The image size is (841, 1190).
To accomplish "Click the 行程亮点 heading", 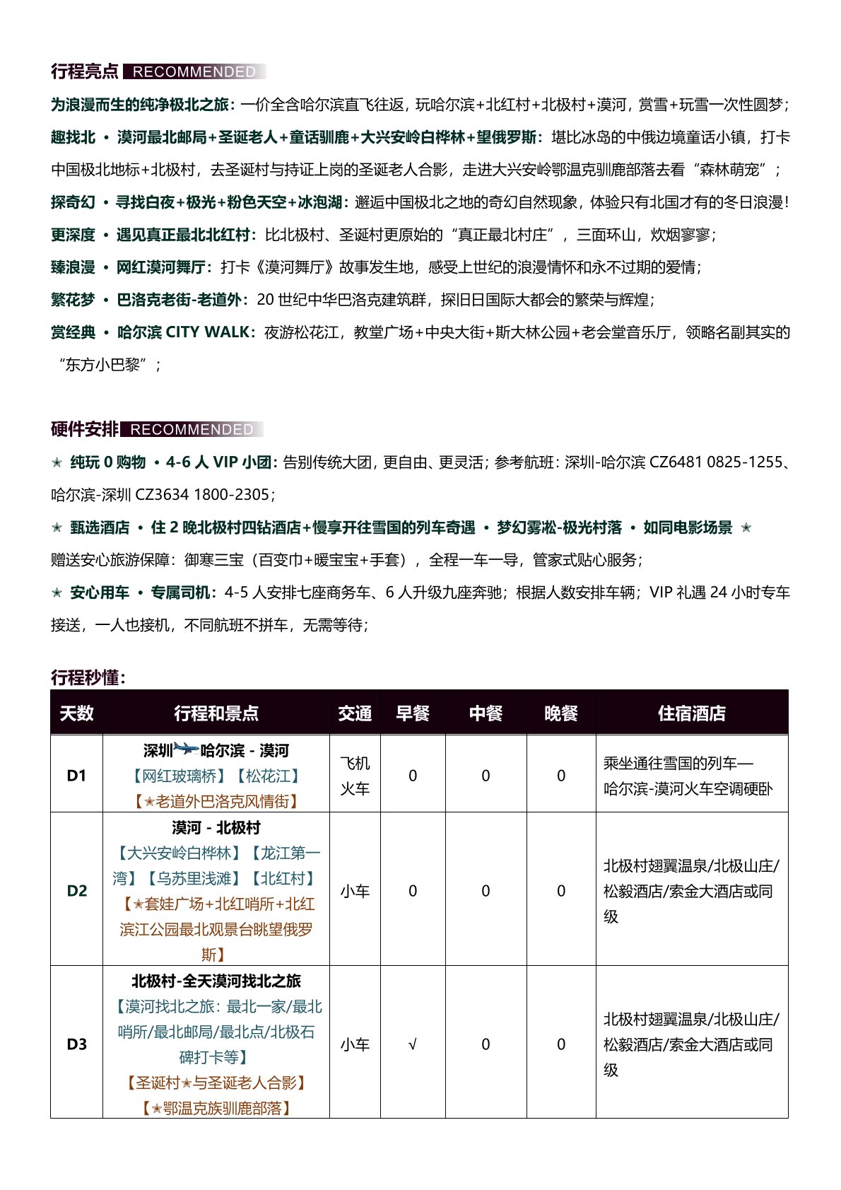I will [85, 71].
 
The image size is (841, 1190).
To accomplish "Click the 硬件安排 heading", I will [85, 429].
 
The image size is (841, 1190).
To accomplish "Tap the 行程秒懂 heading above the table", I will [88, 677].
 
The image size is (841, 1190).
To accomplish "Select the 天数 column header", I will [76, 713].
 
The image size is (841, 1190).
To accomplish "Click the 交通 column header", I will [355, 713].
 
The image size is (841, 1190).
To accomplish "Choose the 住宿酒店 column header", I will [691, 713].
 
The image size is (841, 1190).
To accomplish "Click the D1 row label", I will [76, 776].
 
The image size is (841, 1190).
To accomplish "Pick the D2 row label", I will [76, 891].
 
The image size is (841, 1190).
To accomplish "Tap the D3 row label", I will [76, 1044].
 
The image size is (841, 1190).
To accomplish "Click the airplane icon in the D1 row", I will [187, 749].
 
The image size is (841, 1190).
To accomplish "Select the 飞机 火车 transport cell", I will [355, 776].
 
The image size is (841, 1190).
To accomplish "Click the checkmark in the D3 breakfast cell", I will [413, 1044].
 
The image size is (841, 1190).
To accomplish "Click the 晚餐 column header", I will [561, 713].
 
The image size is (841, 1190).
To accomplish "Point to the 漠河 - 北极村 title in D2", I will [216, 827].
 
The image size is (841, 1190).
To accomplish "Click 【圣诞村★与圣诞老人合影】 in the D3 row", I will [216, 1083].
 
